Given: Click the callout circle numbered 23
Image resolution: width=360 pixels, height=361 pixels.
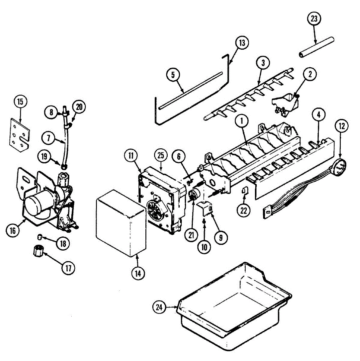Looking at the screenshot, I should [314, 19].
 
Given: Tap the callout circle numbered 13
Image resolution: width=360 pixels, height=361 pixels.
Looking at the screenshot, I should [242, 43].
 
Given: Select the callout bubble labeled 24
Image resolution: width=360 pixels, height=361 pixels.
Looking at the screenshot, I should [159, 307].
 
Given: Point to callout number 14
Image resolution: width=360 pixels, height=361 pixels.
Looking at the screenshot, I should [138, 273].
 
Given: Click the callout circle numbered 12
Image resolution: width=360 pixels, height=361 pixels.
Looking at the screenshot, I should [342, 126].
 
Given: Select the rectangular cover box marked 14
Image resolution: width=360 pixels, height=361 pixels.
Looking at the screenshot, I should [120, 223].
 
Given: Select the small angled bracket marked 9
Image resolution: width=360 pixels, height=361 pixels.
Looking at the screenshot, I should [206, 208].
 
